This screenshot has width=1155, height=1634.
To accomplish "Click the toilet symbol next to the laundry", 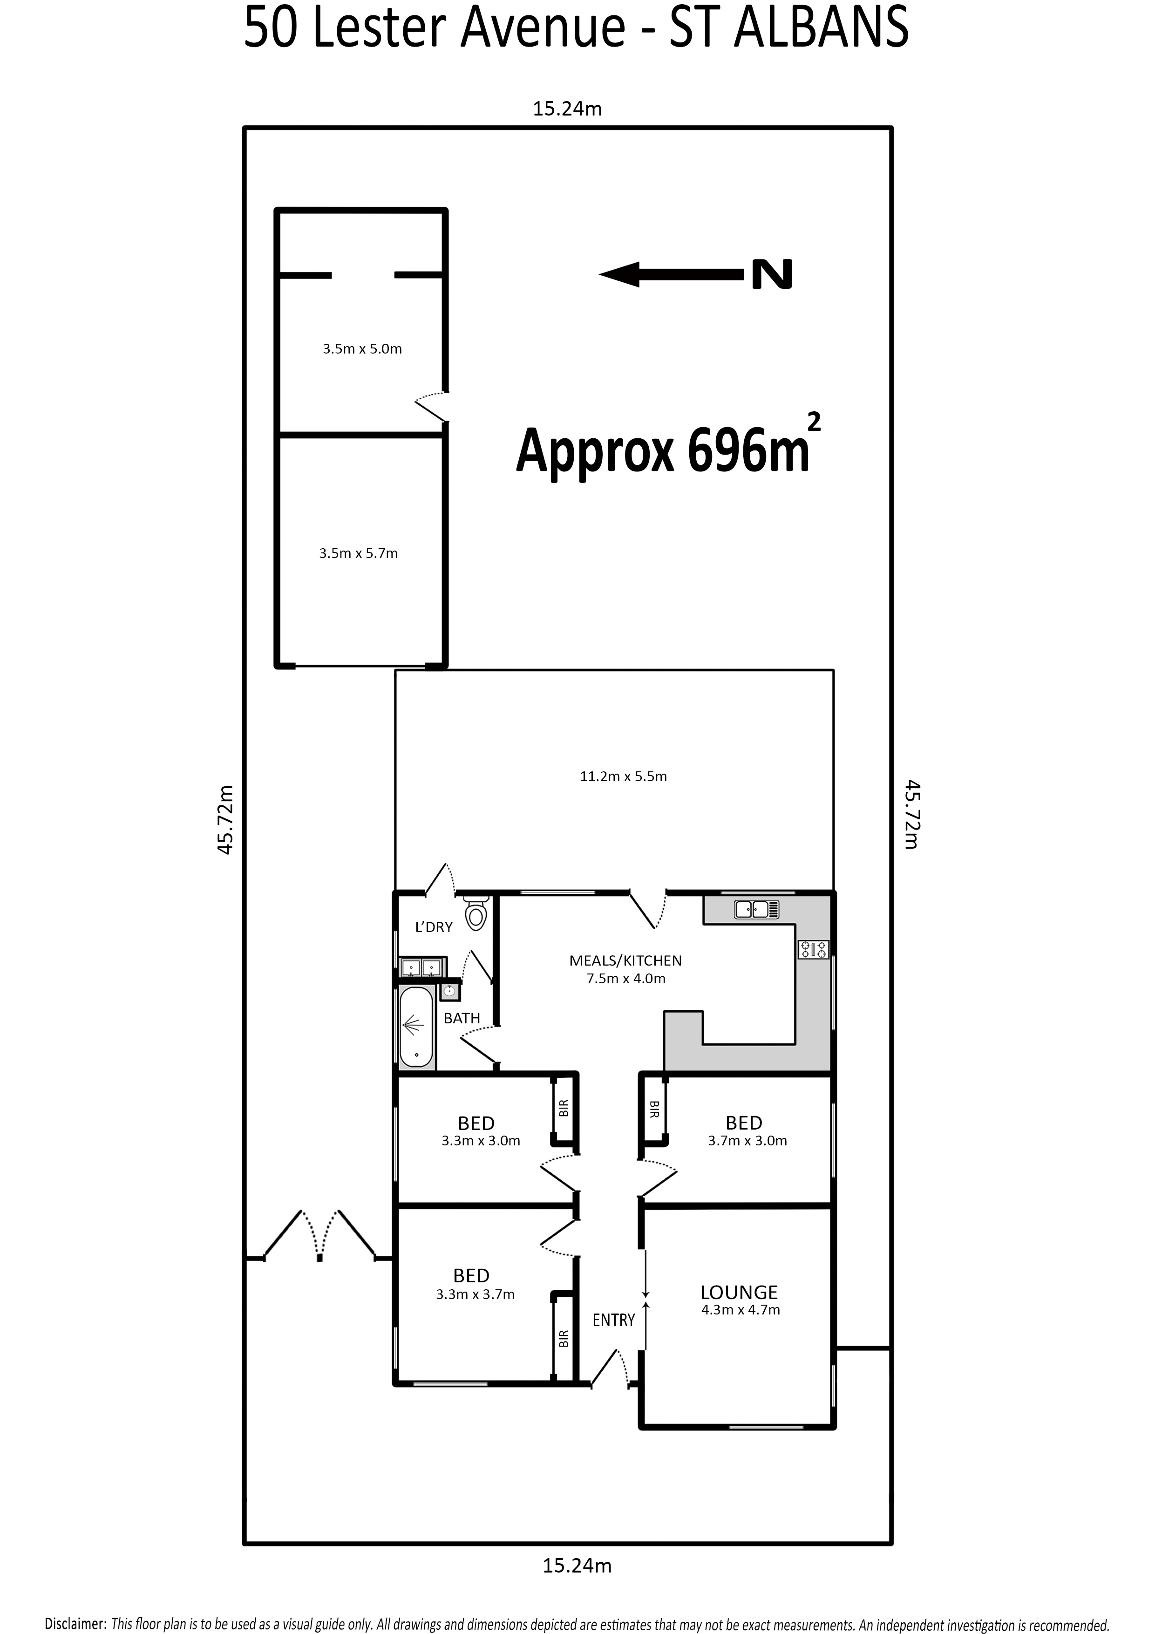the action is [x=476, y=912].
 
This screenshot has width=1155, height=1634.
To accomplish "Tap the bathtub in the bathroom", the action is [x=416, y=1028].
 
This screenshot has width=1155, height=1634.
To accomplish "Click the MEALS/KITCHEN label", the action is [x=625, y=961].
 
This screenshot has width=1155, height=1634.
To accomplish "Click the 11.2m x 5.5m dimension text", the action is [x=624, y=776].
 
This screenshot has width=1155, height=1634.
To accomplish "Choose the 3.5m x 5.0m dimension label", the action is [x=362, y=349].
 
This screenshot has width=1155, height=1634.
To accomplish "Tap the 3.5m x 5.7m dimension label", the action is [x=358, y=553].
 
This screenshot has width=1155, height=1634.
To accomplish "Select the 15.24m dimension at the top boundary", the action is [x=567, y=109].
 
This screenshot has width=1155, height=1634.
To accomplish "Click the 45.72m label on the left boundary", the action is [x=225, y=820].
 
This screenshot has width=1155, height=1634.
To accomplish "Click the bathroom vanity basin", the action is [x=450, y=991].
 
